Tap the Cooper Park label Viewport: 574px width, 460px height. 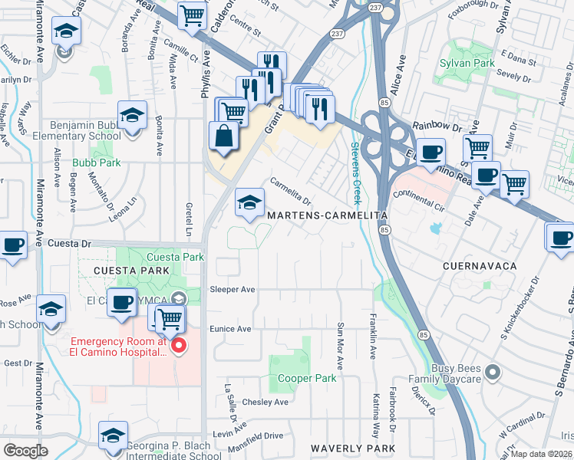306,379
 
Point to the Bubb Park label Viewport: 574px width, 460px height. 97,163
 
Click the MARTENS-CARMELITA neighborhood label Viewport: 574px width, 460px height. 327,217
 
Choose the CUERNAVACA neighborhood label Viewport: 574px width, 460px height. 480,265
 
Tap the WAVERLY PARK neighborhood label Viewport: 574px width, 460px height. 353,449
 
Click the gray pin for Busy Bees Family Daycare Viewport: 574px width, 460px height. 493,373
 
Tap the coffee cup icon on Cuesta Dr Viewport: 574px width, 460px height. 13,245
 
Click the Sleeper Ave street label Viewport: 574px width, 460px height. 232,290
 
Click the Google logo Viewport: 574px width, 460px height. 25,451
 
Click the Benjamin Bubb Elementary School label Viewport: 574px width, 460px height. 86,130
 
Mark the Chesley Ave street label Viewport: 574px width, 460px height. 265,402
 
